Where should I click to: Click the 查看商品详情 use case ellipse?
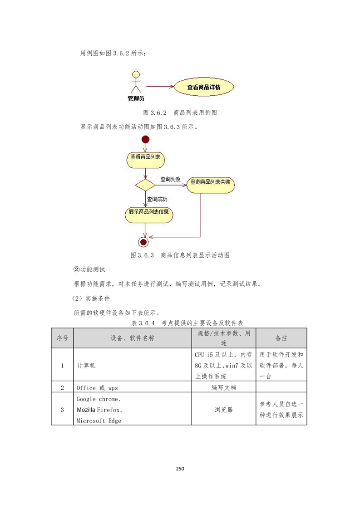coord(204,87)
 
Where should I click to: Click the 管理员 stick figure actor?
coord(136,82)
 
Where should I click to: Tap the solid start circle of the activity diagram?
coord(145,140)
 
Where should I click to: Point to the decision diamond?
coord(145,185)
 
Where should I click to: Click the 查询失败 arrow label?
coord(170,179)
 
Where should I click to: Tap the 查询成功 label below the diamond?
coord(157,199)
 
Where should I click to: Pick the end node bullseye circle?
coord(143,242)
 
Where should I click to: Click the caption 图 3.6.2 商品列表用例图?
coord(180,113)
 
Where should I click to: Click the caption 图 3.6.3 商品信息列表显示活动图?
coord(180,255)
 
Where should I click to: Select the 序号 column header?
coord(62,338)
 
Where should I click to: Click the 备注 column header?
coord(281,338)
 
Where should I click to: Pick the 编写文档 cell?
coord(224,387)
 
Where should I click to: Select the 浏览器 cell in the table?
coord(224,409)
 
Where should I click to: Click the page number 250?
coord(180,469)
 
